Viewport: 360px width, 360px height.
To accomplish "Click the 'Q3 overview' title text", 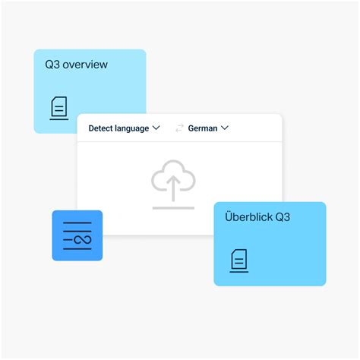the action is pyautogui.click(x=76, y=65).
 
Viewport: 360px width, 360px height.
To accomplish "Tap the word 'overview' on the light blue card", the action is pyautogui.click(x=85, y=65).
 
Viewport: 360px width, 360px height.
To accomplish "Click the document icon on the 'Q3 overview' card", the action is pyautogui.click(x=59, y=108).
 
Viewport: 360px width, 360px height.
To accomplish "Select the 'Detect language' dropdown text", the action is pyautogui.click(x=118, y=128).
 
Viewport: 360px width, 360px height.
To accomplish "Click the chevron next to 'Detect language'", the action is pyautogui.click(x=156, y=128).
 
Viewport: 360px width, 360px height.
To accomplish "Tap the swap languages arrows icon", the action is pyautogui.click(x=179, y=128).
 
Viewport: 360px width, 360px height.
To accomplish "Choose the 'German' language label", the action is pyautogui.click(x=203, y=128).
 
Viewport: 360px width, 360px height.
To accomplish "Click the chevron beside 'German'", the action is pyautogui.click(x=225, y=128).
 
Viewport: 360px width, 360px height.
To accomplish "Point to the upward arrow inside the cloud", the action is pyautogui.click(x=173, y=188).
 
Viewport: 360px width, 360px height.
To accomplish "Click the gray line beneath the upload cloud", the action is pyautogui.click(x=173, y=208).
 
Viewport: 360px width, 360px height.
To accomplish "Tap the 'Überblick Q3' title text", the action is pyautogui.click(x=257, y=217).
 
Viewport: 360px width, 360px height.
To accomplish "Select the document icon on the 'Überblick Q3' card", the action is pyautogui.click(x=239, y=261).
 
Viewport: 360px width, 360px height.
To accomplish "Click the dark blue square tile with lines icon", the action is pyautogui.click(x=77, y=235).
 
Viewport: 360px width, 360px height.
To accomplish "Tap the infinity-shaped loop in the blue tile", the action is pyautogui.click(x=83, y=239).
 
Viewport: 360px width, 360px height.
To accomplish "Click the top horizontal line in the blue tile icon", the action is pyautogui.click(x=77, y=223).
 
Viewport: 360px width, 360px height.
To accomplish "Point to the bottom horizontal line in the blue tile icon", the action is pyautogui.click(x=77, y=249).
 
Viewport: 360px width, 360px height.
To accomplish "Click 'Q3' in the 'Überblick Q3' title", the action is pyautogui.click(x=283, y=217).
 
